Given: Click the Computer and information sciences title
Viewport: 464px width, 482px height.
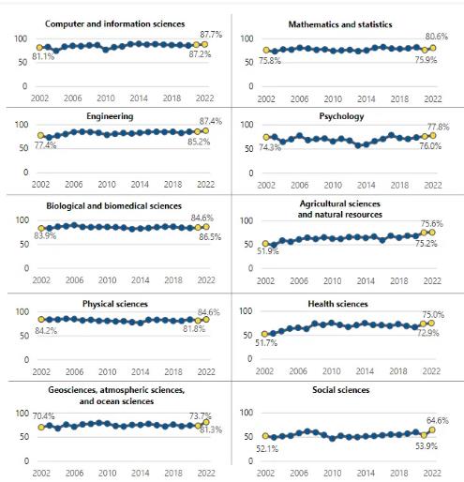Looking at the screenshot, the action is (114, 24).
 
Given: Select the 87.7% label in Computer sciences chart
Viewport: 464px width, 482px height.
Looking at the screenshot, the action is (211, 35).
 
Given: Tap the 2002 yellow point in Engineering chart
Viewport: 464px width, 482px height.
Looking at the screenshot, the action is (40, 135).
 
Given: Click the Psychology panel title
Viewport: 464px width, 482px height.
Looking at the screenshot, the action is (341, 116).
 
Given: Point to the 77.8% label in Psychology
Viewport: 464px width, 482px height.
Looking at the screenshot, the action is (439, 127).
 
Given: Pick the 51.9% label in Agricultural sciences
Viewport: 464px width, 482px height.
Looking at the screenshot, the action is (268, 251).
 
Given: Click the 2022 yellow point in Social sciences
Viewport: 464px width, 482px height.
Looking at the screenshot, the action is (432, 430).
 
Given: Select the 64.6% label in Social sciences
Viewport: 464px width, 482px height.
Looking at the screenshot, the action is (438, 421).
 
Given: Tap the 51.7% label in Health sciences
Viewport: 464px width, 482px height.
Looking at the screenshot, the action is (266, 343).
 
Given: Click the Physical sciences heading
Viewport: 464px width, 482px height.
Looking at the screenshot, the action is (115, 304).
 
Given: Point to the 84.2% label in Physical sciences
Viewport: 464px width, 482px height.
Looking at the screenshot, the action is (46, 331).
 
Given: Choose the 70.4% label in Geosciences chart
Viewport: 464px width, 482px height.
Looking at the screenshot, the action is (43, 416).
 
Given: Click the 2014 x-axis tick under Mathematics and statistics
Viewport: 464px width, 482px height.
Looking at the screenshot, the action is (366, 99).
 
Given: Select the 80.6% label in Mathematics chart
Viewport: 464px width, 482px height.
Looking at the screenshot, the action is (437, 37).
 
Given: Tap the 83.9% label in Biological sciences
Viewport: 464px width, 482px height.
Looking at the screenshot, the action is (45, 235).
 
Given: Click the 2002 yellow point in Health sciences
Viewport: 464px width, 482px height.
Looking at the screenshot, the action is (264, 334).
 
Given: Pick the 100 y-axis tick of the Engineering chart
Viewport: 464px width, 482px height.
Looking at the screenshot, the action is (22, 125).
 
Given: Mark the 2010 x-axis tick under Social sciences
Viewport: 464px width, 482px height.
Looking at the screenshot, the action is (332, 473).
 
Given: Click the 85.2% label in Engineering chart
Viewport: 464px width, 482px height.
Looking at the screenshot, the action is (199, 142).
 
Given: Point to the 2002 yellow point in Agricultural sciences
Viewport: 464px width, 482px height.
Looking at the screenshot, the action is (265, 244).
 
